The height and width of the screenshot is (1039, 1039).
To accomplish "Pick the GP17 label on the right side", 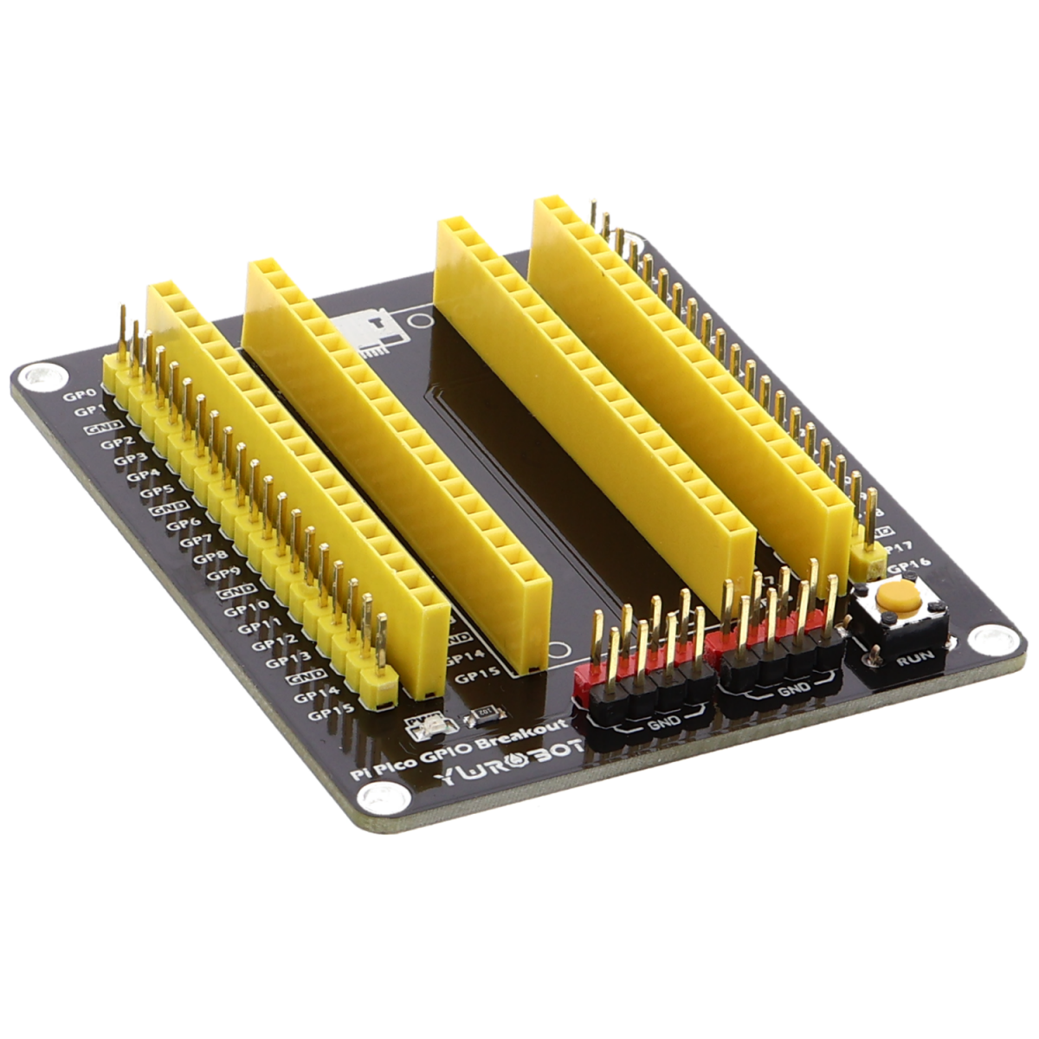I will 898,547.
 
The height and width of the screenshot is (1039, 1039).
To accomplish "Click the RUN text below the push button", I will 916,656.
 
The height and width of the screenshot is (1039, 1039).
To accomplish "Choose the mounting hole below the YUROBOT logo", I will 380,797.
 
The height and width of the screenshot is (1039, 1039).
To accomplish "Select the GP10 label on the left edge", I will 241,610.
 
